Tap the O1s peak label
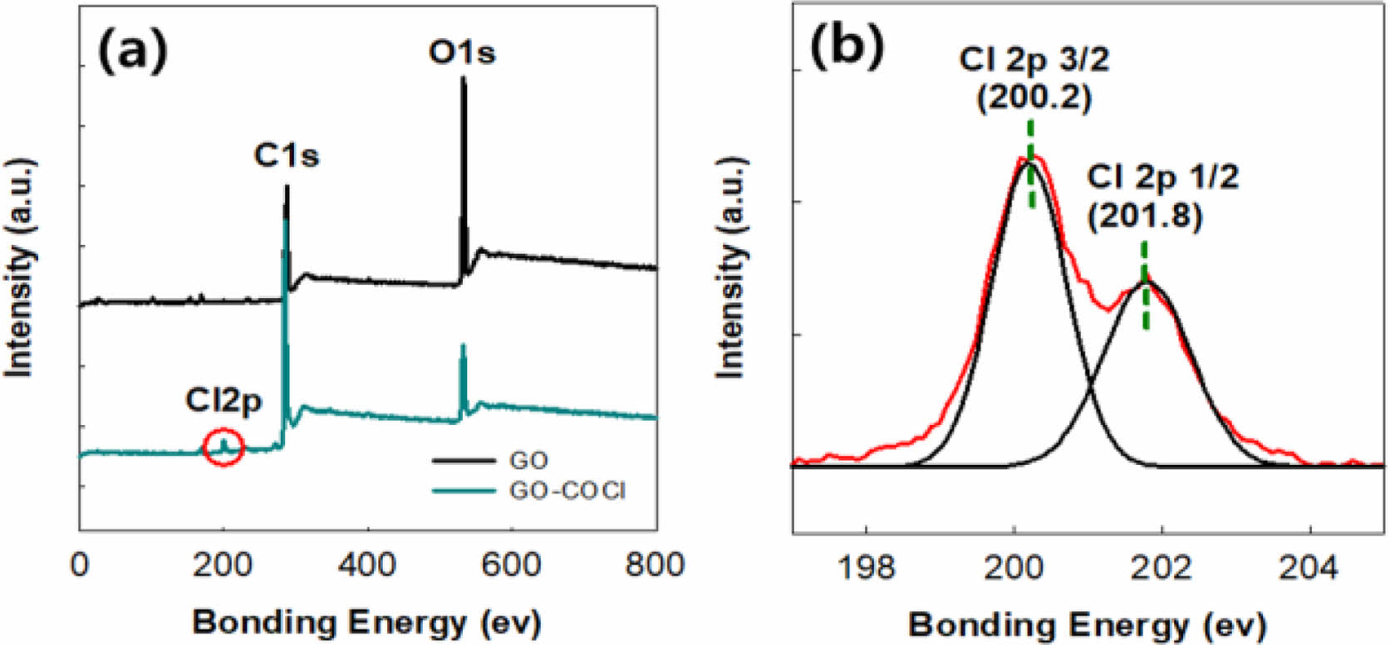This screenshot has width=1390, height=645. (462, 52)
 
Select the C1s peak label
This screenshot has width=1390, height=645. (286, 155)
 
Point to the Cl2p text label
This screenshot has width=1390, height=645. (223, 401)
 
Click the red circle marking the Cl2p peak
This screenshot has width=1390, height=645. (223, 447)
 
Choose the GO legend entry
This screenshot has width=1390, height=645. (528, 460)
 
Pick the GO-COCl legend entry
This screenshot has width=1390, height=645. (567, 491)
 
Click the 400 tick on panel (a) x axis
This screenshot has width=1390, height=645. (367, 565)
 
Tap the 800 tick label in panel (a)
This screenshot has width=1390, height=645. (655, 565)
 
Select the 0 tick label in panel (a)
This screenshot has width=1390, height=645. (80, 565)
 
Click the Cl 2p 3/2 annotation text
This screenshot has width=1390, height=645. (1034, 60)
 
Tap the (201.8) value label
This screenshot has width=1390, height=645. (1145, 217)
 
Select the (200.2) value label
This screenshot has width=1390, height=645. (1034, 98)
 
